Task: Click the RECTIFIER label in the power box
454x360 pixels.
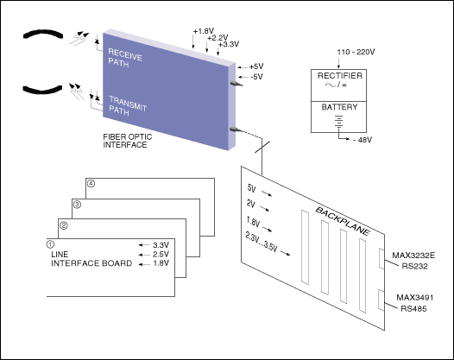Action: pyautogui.click(x=340, y=76)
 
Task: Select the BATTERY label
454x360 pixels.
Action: pyautogui.click(x=339, y=107)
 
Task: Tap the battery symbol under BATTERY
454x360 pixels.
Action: pyautogui.click(x=338, y=122)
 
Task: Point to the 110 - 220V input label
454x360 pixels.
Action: pyautogui.click(x=356, y=52)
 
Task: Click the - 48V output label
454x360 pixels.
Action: pyautogui.click(x=363, y=140)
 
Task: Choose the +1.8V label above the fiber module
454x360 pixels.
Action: pyautogui.click(x=204, y=31)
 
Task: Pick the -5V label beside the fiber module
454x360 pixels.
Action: pyautogui.click(x=256, y=77)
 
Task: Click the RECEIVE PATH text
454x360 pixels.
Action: pyautogui.click(x=125, y=58)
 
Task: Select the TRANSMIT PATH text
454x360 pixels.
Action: pyautogui.click(x=128, y=106)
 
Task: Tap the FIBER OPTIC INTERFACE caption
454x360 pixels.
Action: pyautogui.click(x=128, y=141)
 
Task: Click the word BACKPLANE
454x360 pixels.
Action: pyautogui.click(x=343, y=221)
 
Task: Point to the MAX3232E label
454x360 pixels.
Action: pyautogui.click(x=413, y=256)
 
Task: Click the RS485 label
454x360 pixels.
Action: pyautogui.click(x=413, y=309)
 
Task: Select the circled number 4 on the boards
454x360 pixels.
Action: pyautogui.click(x=91, y=184)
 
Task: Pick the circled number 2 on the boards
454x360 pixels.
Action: pyautogui.click(x=63, y=225)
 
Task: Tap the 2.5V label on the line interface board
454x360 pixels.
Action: pyautogui.click(x=161, y=255)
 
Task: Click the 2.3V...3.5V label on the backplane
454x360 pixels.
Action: pyautogui.click(x=262, y=242)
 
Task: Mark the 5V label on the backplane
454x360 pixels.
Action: pyautogui.click(x=252, y=188)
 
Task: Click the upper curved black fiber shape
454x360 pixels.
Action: pyautogui.click(x=43, y=33)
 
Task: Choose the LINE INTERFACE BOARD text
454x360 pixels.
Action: pyautogui.click(x=91, y=259)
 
